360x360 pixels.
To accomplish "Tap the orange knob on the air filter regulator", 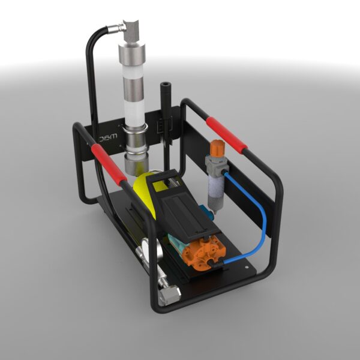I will [x=215, y=148].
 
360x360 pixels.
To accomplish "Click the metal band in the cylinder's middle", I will [x=134, y=129].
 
